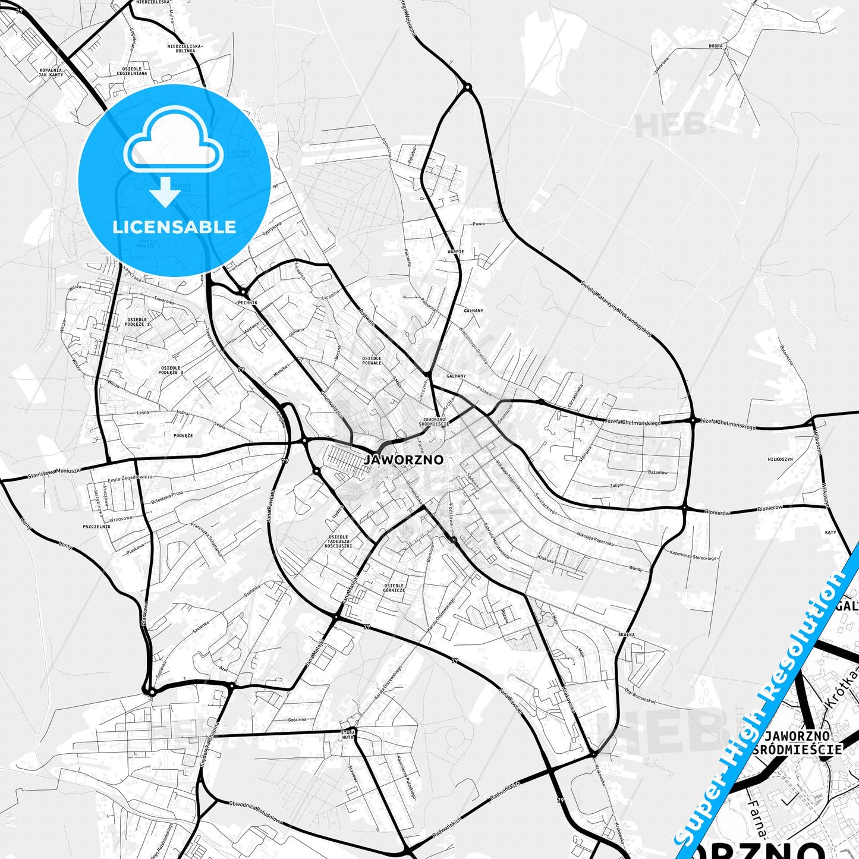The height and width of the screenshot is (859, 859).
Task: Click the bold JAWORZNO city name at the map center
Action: [x=404, y=460]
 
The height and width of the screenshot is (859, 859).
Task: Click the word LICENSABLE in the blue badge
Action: [x=174, y=226]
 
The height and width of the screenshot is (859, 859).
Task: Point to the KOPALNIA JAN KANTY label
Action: [x=51, y=73]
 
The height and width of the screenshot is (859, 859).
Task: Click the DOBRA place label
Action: [x=715, y=46]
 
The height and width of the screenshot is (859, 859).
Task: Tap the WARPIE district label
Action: [x=455, y=251]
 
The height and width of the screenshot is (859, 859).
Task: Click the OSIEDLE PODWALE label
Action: [x=372, y=360]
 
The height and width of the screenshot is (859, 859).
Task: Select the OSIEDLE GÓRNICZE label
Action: [x=394, y=587]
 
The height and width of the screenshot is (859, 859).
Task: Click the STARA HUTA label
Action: [x=347, y=734]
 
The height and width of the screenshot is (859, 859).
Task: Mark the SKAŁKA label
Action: [x=626, y=634]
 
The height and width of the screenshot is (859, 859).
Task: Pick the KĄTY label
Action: [x=830, y=532]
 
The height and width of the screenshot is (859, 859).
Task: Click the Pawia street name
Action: [x=479, y=224]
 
